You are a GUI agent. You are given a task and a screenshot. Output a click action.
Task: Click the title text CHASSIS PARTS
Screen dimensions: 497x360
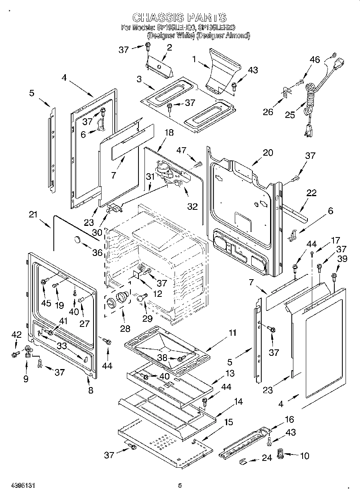click(179, 17)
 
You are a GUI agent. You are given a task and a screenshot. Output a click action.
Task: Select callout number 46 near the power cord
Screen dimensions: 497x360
click(315, 60)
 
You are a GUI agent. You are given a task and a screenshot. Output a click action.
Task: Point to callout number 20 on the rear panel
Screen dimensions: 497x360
click(268, 152)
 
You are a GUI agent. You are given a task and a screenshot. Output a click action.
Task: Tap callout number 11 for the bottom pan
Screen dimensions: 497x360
click(232, 333)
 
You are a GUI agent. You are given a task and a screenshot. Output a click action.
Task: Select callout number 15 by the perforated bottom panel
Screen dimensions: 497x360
click(228, 422)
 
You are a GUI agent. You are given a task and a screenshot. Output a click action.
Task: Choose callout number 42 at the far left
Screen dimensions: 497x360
click(16, 335)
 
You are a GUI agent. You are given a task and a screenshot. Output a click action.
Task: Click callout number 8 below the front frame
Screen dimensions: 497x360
click(91, 389)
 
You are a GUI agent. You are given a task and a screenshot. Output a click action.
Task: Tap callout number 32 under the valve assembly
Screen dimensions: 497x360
click(193, 206)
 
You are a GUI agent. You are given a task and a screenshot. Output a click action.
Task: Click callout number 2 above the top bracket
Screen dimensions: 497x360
click(169, 47)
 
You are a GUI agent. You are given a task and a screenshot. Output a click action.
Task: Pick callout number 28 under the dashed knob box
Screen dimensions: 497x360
click(125, 329)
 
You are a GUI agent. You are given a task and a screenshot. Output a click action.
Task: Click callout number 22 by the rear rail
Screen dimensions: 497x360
click(311, 193)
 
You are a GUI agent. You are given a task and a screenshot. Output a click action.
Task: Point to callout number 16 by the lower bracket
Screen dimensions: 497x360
click(289, 420)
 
